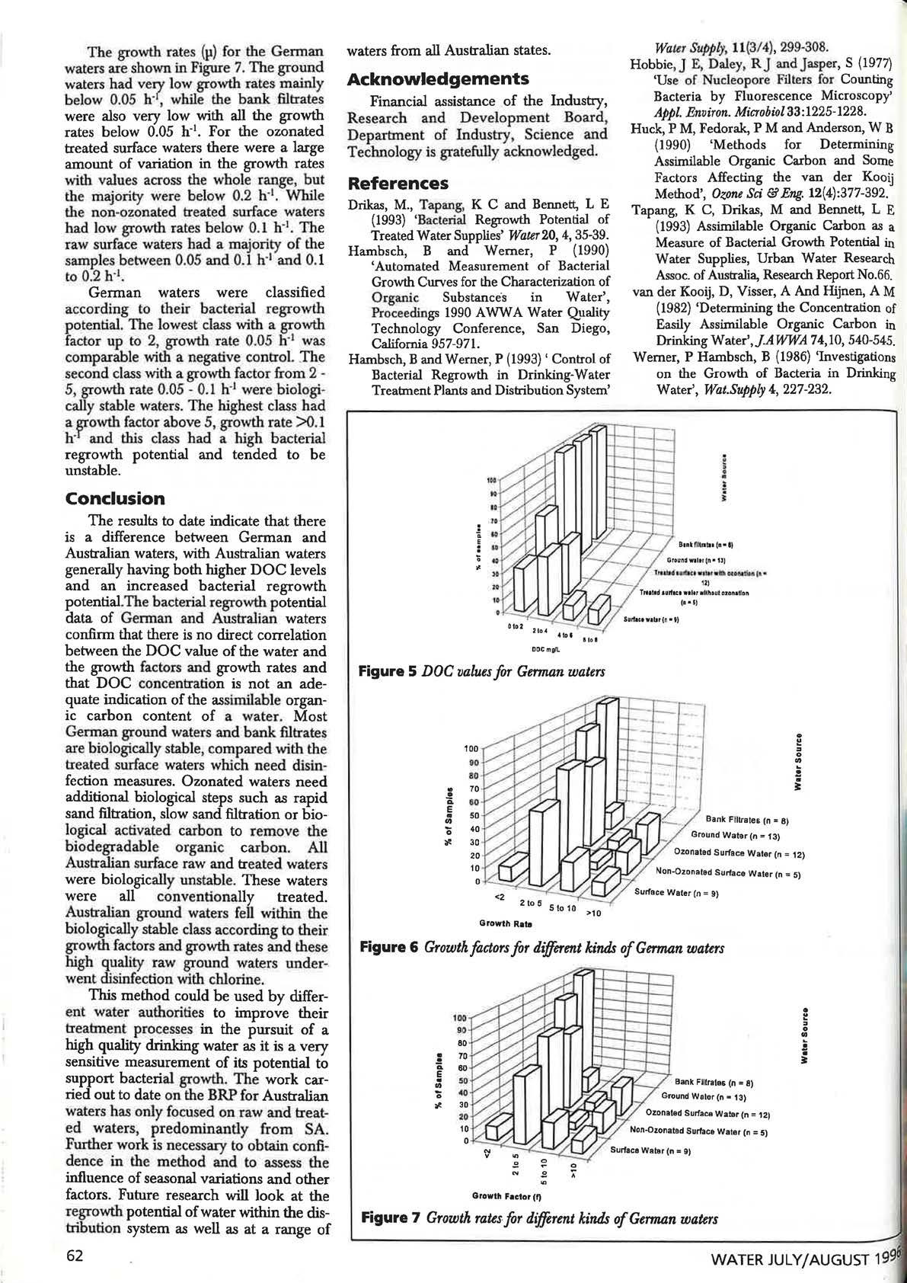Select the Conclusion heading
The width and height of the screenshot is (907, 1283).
pyautogui.click(x=115, y=499)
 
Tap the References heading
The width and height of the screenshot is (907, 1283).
pyautogui.click(x=398, y=184)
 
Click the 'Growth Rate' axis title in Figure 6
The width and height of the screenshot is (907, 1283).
pyautogui.click(x=505, y=923)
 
